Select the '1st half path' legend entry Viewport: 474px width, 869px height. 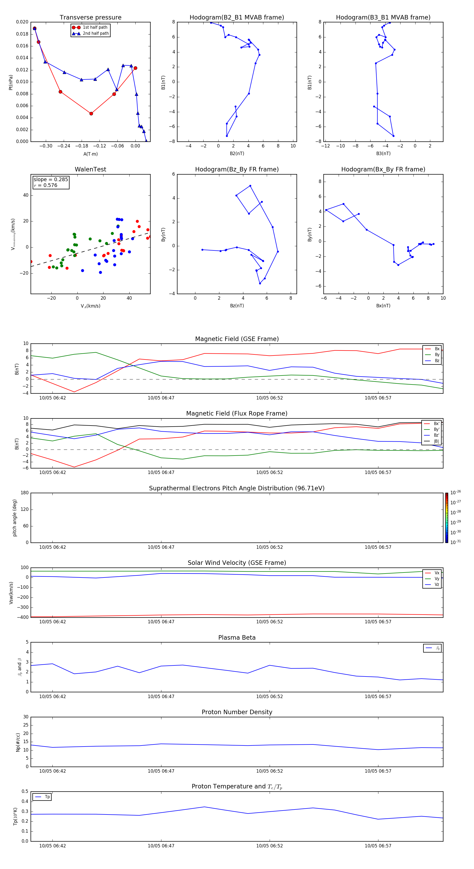tap(95, 27)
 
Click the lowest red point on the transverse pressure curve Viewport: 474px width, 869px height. tap(91, 114)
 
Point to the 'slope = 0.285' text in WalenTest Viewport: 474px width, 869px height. tap(51, 180)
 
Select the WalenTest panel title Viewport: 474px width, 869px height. tap(90, 169)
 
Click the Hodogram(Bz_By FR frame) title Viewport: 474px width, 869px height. tap(237, 169)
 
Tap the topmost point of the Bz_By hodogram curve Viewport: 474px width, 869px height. tap(250, 186)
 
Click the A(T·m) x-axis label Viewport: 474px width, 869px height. tap(90, 154)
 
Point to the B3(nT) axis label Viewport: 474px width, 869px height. tap(383, 154)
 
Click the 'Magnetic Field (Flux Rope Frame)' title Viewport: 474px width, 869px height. tap(237, 414)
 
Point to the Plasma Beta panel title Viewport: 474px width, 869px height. tap(237, 638)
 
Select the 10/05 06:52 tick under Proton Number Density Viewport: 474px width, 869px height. tap(270, 771)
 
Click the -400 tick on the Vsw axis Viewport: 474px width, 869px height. tap(24, 617)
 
